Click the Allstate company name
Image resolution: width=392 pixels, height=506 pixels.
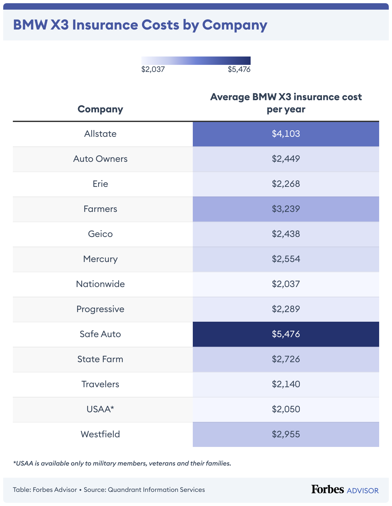coord(100,134)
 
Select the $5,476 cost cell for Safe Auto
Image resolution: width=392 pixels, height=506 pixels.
coord(286,334)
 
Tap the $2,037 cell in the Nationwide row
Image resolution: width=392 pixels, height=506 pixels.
coord(286,284)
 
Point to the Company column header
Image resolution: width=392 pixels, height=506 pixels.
coord(100,109)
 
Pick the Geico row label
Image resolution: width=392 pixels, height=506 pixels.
coord(100,234)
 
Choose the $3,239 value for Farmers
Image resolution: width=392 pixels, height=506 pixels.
coord(286,209)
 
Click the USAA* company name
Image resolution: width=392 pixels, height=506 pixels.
coord(100,409)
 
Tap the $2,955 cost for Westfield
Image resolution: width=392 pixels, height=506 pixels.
coord(286,434)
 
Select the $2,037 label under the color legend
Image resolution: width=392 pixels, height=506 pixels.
coord(153,69)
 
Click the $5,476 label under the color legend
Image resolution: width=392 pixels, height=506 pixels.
coord(239,69)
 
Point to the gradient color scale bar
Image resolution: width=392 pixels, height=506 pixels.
coord(196,61)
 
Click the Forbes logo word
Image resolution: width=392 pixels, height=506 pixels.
coord(327,489)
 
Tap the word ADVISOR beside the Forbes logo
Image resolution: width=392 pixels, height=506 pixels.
coord(363,491)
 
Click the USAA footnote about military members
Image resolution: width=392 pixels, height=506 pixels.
coord(122,463)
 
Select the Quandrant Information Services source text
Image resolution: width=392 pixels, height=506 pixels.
coord(156,490)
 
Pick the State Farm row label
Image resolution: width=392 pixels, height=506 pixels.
coord(100,359)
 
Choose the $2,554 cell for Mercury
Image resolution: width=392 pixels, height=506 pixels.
coord(286,259)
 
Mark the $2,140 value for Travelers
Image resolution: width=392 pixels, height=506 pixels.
coord(286,384)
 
